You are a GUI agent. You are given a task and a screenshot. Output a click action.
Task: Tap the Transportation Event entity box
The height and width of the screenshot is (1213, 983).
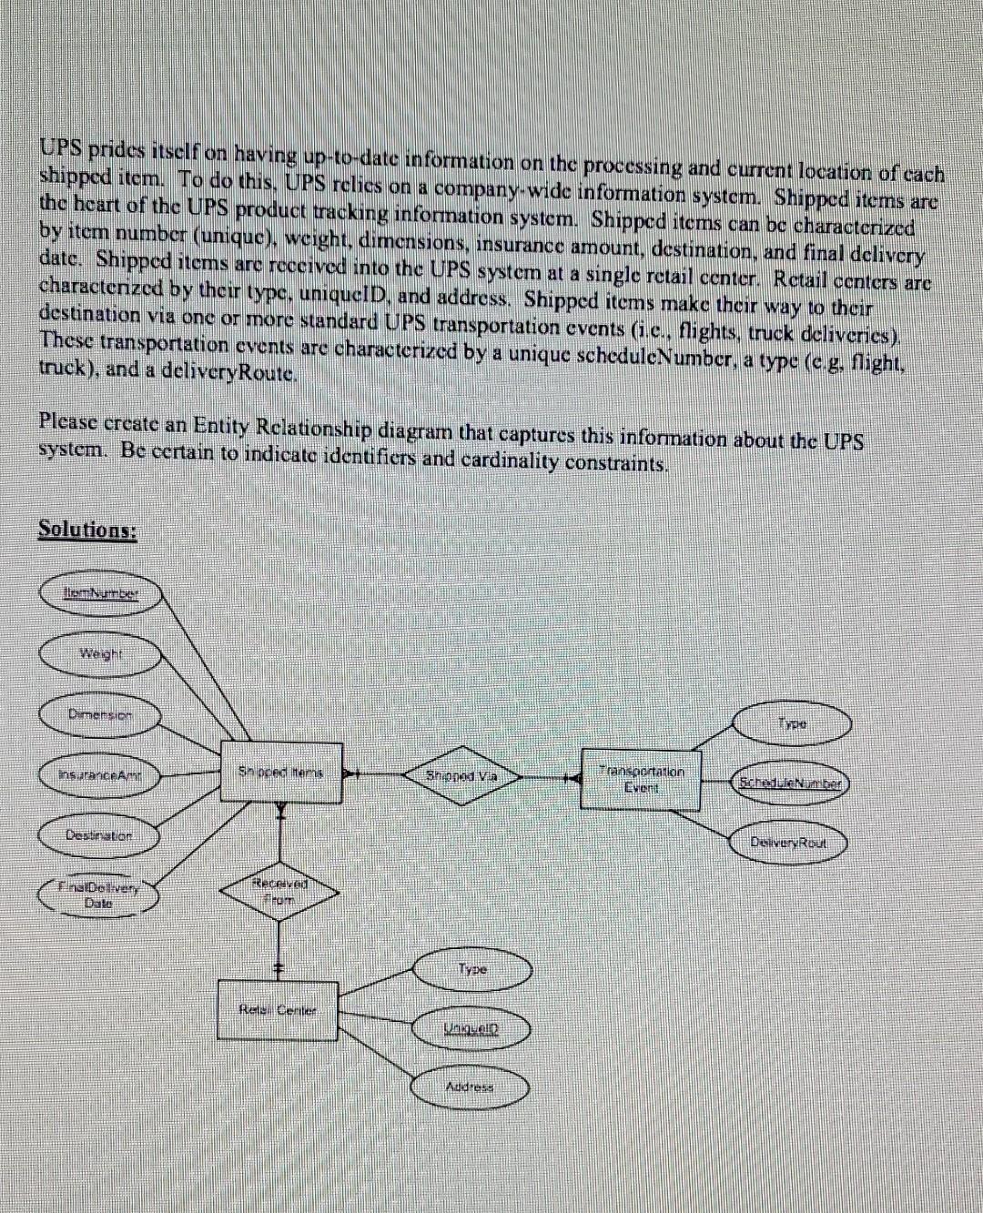coord(642,775)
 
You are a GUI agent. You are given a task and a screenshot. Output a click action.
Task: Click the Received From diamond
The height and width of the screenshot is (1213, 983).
coord(280,891)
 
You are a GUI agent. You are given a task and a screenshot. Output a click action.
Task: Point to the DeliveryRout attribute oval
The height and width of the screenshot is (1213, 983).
coord(789,843)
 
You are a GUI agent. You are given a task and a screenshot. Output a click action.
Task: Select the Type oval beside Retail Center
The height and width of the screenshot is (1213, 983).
coord(471,971)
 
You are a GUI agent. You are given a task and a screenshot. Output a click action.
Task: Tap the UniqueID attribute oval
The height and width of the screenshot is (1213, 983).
coord(471,1026)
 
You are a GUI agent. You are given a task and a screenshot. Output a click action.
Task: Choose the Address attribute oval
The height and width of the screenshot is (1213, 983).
coord(471,1087)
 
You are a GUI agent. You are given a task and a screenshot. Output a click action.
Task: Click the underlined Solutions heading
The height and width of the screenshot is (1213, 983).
coord(86,530)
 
